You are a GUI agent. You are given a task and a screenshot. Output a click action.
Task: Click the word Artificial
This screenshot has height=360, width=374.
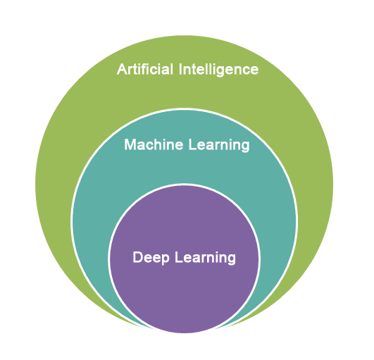click(145, 69)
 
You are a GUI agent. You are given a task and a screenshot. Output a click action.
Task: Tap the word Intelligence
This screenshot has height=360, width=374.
click(218, 70)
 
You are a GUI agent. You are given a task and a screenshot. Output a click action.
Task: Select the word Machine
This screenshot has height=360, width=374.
click(154, 144)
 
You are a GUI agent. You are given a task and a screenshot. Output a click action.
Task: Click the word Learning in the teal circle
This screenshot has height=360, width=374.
click(219, 145)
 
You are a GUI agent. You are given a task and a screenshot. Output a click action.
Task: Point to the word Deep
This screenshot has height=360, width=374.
click(151, 258)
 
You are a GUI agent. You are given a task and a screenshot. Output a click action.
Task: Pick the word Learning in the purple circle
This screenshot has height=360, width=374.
click(206, 259)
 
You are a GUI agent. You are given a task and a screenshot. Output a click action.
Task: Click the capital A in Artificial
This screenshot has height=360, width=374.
click(123, 70)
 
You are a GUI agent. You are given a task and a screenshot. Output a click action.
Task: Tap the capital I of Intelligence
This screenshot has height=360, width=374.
click(180, 70)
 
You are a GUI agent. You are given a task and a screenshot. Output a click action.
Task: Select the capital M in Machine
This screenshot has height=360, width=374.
click(130, 144)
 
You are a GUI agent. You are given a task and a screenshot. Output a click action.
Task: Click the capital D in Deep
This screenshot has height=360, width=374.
click(138, 257)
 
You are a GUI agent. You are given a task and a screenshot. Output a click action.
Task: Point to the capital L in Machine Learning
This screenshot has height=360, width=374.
click(193, 144)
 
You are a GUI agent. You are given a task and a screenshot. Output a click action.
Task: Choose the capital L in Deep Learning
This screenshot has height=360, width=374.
click(179, 257)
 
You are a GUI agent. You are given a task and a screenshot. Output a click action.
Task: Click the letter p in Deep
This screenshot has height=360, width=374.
click(165, 259)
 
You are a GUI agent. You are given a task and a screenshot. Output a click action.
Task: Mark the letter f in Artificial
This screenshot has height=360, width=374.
click(147, 69)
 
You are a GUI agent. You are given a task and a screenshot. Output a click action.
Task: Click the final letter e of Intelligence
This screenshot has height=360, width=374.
click(254, 71)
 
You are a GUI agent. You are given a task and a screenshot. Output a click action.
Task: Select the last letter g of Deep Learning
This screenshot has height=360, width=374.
click(231, 260)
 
